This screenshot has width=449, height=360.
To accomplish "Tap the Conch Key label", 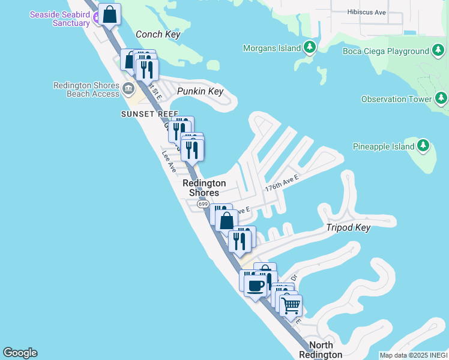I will [x=157, y=35].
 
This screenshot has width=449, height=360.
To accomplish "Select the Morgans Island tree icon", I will [x=310, y=47].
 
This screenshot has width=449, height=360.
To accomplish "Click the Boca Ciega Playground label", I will [x=385, y=52].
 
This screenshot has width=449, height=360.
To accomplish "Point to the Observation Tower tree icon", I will [x=441, y=97].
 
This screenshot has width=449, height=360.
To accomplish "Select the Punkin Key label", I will [x=200, y=91].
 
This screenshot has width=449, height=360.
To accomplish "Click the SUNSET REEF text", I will [x=149, y=113].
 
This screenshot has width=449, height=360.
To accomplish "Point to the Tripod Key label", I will [x=348, y=228].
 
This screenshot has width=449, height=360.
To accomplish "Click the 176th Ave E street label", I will [x=282, y=180].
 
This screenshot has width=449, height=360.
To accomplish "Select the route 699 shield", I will [x=203, y=205].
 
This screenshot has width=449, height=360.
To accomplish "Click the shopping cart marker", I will [x=291, y=305].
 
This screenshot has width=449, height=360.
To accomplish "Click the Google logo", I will [x=20, y=353].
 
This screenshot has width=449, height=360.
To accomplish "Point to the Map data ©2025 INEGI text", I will [x=413, y=355].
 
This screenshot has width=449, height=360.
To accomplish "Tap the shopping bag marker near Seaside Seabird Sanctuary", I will [x=110, y=14].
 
